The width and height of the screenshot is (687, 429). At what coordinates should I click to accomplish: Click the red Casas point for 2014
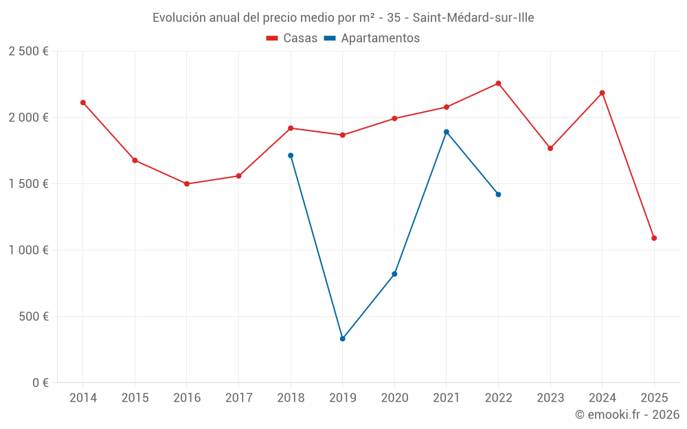[x=83, y=102]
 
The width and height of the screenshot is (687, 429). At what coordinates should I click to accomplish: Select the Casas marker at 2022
[x=498, y=83]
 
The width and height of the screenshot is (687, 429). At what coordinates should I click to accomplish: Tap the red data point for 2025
[x=654, y=238]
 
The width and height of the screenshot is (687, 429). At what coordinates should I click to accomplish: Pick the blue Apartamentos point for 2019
[x=342, y=338]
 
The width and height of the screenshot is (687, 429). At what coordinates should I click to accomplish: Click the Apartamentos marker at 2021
[x=447, y=132]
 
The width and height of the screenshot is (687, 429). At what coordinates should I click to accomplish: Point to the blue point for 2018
[x=291, y=155]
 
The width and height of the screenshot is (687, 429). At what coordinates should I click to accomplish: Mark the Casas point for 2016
[x=187, y=184]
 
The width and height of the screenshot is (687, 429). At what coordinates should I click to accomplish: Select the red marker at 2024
[x=602, y=93]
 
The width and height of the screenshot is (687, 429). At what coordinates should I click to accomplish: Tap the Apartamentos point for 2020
[x=394, y=274]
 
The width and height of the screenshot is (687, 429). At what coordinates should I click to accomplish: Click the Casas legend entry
[x=292, y=38]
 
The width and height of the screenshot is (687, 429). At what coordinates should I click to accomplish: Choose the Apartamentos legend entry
[x=372, y=38]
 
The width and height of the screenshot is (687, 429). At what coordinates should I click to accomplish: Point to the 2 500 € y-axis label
[x=28, y=51]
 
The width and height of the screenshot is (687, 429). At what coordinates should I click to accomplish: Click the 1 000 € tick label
[x=28, y=251]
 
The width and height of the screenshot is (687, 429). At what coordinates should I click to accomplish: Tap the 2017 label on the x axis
[x=238, y=398]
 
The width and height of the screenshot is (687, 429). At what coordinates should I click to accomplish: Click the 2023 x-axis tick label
[x=550, y=398]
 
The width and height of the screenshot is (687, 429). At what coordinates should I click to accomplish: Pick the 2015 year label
[x=135, y=398]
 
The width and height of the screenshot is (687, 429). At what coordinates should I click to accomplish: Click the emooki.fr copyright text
[x=627, y=415]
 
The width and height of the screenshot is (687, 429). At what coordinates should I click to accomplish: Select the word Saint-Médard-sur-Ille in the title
[x=473, y=18]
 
